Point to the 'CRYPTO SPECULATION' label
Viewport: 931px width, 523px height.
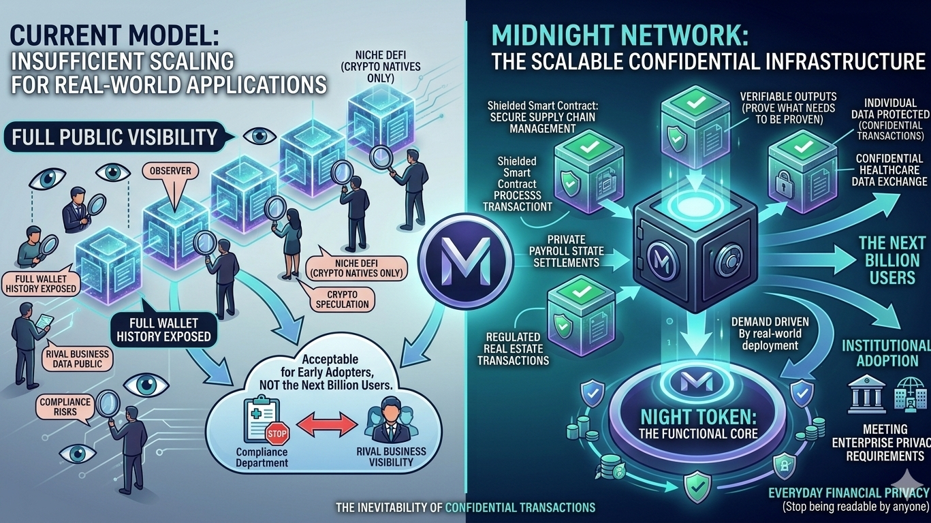[x=343, y=298]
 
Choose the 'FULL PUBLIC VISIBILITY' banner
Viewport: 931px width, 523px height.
[x=114, y=136]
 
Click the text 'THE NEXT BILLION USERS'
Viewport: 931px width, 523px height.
[x=891, y=259]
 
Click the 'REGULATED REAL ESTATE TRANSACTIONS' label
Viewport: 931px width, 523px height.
[x=514, y=348]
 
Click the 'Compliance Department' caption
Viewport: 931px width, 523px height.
[x=261, y=458]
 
